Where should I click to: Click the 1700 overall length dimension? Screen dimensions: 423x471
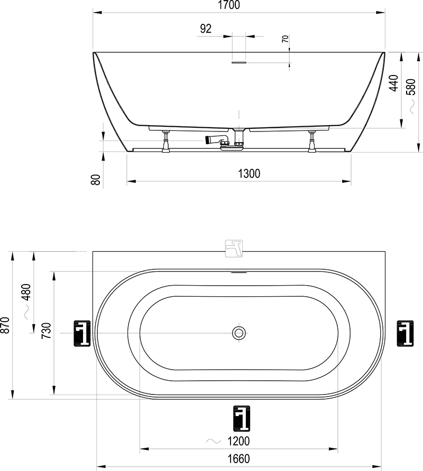coord(229,5)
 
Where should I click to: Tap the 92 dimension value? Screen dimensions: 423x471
coord(206,29)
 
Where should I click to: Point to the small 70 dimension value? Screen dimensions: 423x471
coord(285,39)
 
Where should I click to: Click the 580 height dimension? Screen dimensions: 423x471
coord(411,87)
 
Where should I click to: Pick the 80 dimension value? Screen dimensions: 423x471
coord(95,180)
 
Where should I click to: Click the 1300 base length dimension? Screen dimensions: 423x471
coord(249,174)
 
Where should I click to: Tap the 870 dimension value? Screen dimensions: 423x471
coord(6,325)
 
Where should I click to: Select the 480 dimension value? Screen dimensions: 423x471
coord(26,292)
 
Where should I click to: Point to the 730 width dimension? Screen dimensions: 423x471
coord(47,331)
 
